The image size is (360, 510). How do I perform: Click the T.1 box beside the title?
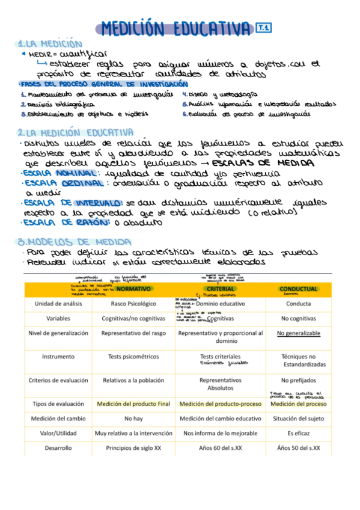click(x=263, y=27)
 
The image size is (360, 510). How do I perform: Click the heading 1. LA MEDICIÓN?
click(x=50, y=44)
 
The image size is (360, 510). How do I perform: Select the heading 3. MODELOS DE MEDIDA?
click(x=67, y=242)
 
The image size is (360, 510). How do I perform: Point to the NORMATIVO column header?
click(x=133, y=289)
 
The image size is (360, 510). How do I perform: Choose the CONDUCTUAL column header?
click(x=298, y=289)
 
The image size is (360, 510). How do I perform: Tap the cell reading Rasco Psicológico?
click(x=133, y=304)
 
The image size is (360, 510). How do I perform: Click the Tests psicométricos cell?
click(x=133, y=357)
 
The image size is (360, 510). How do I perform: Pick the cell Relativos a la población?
click(x=133, y=380)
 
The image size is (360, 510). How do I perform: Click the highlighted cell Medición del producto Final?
click(x=133, y=404)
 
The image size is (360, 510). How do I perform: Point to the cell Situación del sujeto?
click(x=298, y=419)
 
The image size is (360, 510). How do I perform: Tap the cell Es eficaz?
click(x=298, y=433)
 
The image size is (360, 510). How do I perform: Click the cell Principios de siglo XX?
click(x=133, y=448)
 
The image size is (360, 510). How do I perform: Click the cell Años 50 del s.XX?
click(x=298, y=448)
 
